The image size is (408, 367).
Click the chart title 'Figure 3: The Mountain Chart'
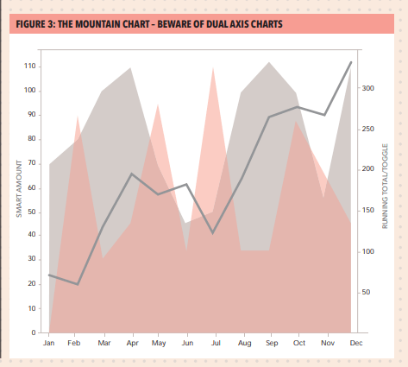pos(148,22)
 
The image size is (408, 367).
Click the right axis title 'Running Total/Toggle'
pos(386,186)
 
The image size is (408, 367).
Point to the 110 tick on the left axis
pos(31,66)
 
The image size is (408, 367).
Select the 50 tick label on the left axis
pos(32,211)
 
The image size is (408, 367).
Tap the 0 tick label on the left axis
pos(35,332)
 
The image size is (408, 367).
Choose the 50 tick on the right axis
pos(367,292)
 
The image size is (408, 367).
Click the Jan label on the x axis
pos(49,344)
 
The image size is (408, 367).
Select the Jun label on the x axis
pos(186,344)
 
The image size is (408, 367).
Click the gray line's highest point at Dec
pos(351,62)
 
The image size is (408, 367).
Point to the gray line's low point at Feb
pos(78,284)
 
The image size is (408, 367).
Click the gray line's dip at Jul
pos(213,233)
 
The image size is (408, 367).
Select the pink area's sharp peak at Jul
pos(213,67)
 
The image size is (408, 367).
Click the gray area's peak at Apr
pos(130,67)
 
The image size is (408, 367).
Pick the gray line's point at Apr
pos(131,174)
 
